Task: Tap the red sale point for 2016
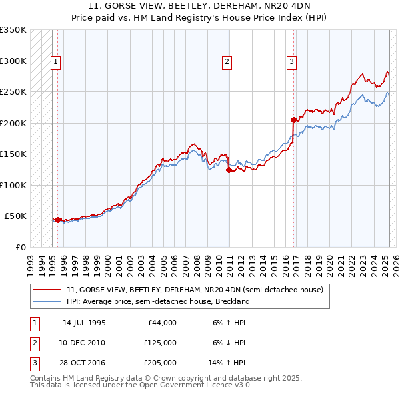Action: [x=293, y=120]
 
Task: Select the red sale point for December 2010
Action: [x=229, y=170]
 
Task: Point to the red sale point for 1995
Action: [x=58, y=220]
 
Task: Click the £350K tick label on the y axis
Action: [x=13, y=30]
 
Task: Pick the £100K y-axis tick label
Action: [x=13, y=185]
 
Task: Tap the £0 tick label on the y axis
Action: [x=20, y=247]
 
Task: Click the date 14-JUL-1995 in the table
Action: [x=84, y=323]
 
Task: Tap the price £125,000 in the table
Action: [x=160, y=343]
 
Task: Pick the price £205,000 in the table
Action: [x=160, y=363]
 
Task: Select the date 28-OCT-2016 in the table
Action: [x=84, y=363]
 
